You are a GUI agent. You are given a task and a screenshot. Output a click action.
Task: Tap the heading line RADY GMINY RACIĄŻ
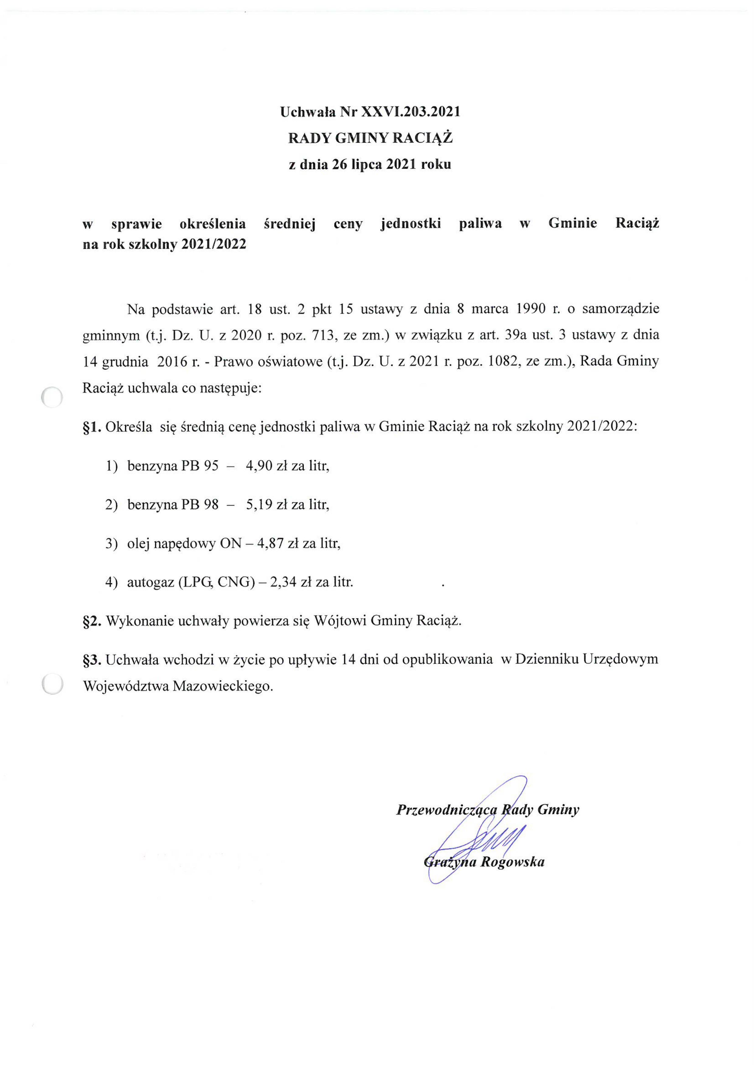click(370, 138)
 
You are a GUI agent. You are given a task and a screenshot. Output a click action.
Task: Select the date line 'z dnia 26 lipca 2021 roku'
click(370, 165)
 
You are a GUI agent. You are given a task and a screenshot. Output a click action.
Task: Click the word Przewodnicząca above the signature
click(446, 810)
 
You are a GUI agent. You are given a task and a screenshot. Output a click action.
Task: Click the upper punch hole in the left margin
click(51, 398)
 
